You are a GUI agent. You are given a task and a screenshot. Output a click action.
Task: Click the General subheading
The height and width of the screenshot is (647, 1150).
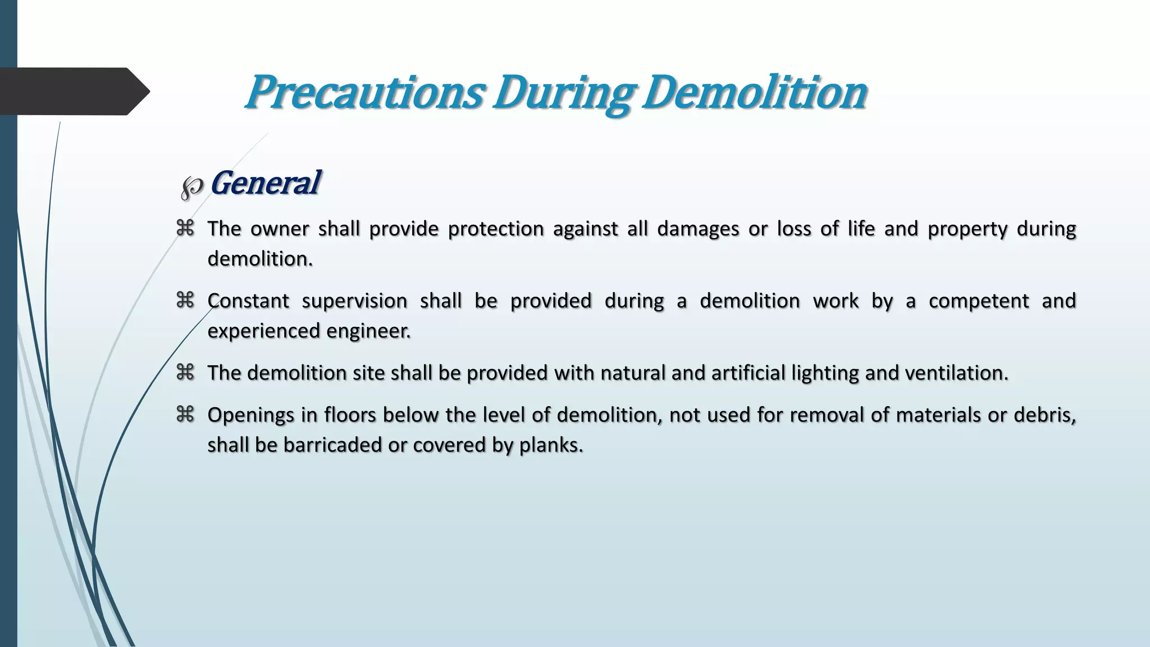[264, 183]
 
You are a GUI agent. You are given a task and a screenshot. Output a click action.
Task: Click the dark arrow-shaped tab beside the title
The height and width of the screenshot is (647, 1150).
[73, 91]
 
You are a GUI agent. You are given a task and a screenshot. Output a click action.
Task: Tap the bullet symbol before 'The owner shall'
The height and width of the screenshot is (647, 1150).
[185, 228]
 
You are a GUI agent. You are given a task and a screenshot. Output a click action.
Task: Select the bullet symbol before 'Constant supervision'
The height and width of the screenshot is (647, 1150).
[185, 300]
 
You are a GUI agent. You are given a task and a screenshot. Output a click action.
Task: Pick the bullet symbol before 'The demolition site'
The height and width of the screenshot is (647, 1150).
[185, 372]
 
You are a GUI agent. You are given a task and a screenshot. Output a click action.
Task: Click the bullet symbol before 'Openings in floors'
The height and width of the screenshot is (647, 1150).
[185, 414]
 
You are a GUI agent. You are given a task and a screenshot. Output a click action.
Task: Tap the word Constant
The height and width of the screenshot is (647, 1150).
[248, 301]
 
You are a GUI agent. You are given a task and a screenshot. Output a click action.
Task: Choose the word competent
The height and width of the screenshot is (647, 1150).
[979, 301]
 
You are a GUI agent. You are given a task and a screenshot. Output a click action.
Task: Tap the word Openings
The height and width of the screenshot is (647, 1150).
[251, 416]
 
